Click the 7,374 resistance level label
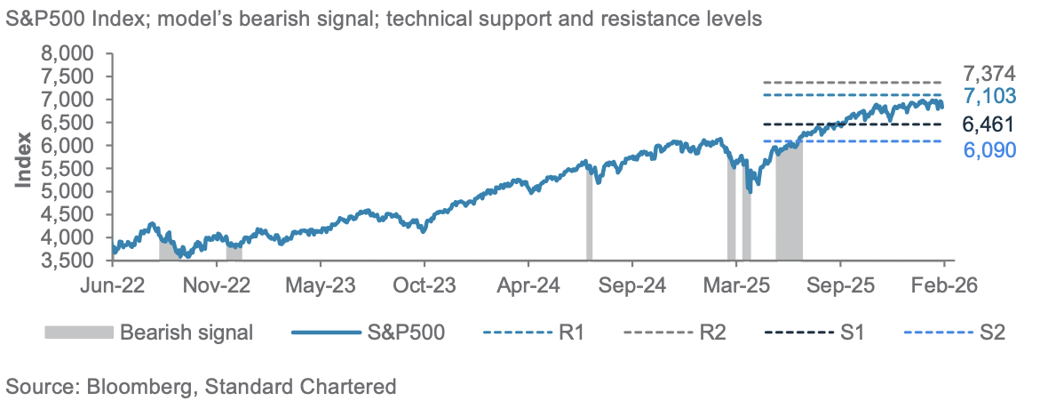pyautogui.click(x=989, y=74)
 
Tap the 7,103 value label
pyautogui.click(x=989, y=97)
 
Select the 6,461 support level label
pyautogui.click(x=989, y=124)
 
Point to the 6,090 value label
pyautogui.click(x=989, y=149)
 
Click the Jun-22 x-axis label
pyautogui.click(x=113, y=288)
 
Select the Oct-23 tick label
pyautogui.click(x=425, y=288)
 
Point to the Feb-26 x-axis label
pyautogui.click(x=942, y=288)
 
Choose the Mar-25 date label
pyautogui.click(x=736, y=288)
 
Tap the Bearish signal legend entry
pyautogui.click(x=187, y=333)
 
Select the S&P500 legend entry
pyautogui.click(x=409, y=333)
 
